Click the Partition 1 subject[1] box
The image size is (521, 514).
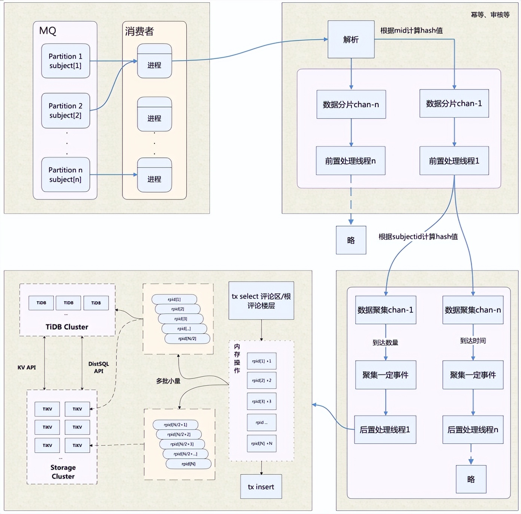pyautogui.click(x=65, y=61)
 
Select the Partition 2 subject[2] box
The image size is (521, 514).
pyautogui.click(x=65, y=111)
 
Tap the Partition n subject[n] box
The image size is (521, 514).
pyautogui.click(x=65, y=175)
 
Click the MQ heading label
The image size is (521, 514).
pyautogui.click(x=48, y=31)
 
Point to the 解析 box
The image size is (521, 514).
pyautogui.click(x=351, y=40)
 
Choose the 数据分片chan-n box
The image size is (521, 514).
pyautogui.click(x=351, y=104)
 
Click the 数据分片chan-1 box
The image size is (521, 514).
pyautogui.click(x=454, y=104)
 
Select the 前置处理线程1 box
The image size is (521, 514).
pyautogui.click(x=454, y=161)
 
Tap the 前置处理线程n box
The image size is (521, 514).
pyautogui.click(x=350, y=161)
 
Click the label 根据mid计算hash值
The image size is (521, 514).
pyautogui.click(x=411, y=31)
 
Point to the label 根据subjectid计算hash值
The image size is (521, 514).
pyautogui.click(x=418, y=236)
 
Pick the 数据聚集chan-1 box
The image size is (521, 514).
pyautogui.click(x=385, y=310)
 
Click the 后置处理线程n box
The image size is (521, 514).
pyautogui.click(x=472, y=430)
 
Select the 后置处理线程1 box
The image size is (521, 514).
pyautogui.click(x=385, y=430)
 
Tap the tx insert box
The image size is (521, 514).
pyautogui.click(x=261, y=487)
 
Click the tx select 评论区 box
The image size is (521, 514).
pyautogui.click(x=261, y=301)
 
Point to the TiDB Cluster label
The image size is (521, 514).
pyautogui.click(x=67, y=327)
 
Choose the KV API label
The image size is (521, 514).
pyautogui.click(x=27, y=367)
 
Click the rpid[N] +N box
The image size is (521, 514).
pyautogui.click(x=262, y=443)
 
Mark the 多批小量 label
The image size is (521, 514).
pyautogui.click(x=168, y=381)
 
